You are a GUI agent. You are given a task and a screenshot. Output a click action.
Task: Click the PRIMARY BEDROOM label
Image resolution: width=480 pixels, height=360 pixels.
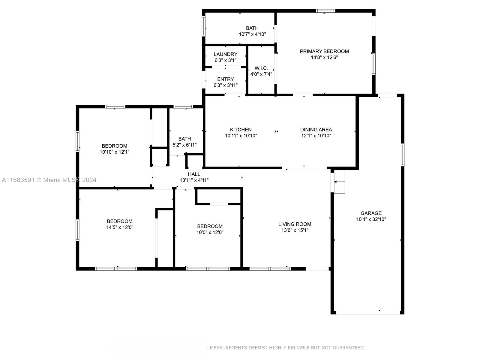click(x=324, y=51)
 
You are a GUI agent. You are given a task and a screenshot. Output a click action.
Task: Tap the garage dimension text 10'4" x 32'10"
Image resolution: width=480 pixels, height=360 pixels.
click(x=371, y=219)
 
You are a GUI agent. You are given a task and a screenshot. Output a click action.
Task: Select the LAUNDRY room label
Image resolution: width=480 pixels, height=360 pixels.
click(x=225, y=54)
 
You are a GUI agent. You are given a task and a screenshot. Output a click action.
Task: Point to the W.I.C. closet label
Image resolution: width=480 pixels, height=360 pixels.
click(x=261, y=68)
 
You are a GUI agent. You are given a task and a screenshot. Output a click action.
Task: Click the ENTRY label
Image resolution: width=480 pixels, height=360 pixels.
click(x=225, y=79)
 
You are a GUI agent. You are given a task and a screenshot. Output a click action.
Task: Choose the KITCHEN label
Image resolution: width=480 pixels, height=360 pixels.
click(x=241, y=130)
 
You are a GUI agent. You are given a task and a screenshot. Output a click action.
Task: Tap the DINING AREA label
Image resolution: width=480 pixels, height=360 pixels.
click(x=316, y=130)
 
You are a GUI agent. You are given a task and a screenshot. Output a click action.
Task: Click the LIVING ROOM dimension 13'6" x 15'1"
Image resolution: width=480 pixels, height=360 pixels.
click(x=295, y=230)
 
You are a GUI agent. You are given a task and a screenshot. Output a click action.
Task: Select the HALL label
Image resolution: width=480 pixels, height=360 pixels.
click(x=194, y=174)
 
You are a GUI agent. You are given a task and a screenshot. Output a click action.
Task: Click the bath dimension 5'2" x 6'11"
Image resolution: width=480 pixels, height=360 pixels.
click(x=184, y=145)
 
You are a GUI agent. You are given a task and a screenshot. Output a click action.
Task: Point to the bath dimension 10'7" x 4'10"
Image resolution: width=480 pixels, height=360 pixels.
click(x=252, y=34)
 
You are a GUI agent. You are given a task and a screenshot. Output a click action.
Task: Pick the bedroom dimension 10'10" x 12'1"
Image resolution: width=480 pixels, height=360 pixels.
click(x=115, y=152)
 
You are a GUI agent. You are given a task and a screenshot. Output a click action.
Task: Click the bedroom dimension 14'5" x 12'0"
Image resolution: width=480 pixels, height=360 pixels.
click(x=120, y=227)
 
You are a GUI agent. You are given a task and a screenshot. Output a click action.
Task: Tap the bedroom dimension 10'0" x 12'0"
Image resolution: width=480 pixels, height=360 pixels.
click(x=210, y=232)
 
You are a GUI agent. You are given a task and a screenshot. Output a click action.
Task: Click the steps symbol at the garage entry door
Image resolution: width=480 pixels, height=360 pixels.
click(x=339, y=182)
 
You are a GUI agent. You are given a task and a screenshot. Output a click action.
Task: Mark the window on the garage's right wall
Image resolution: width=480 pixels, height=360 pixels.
click(x=402, y=155)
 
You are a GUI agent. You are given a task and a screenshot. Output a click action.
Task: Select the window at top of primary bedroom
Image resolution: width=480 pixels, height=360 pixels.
click(x=325, y=11)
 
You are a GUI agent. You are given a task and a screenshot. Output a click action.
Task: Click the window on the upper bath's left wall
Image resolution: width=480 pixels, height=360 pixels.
click(x=204, y=26)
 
